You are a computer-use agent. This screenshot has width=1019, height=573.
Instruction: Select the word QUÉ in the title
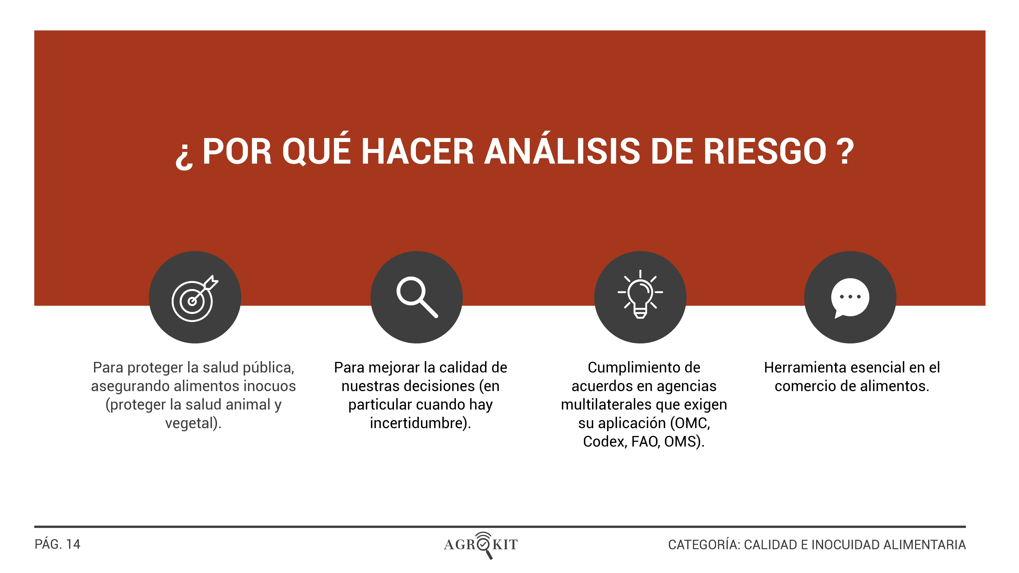click(316, 150)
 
